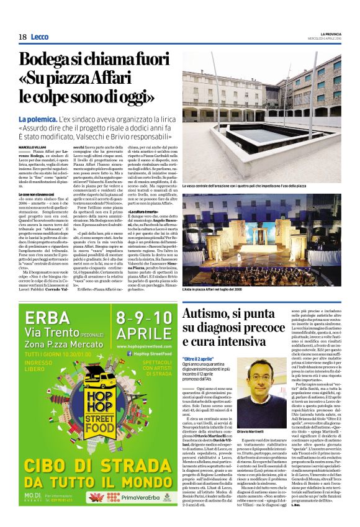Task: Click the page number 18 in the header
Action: (x=22, y=37)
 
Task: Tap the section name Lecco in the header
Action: (x=42, y=37)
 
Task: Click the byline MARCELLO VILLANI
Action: (x=35, y=146)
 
